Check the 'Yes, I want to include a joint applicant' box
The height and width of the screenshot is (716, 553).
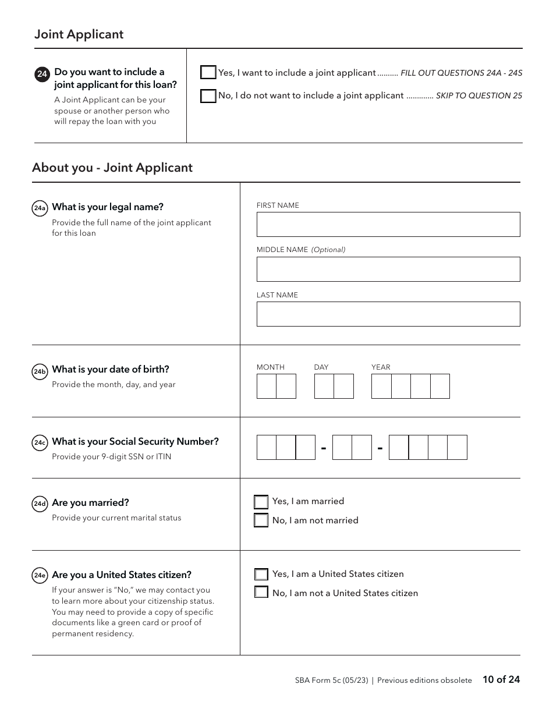pos(208,72)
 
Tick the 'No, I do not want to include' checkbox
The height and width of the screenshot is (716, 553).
pos(208,95)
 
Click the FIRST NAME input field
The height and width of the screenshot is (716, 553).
pos(388,224)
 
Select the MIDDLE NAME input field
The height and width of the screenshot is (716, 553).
pos(388,270)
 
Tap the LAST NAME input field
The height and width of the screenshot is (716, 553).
pos(388,314)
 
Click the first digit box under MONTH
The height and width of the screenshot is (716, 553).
pos(267,387)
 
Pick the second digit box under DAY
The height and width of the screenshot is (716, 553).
pos(343,387)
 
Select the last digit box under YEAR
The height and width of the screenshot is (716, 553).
pos(440,387)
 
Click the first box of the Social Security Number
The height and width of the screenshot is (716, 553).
pos(267,448)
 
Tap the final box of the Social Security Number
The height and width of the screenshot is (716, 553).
pos(457,448)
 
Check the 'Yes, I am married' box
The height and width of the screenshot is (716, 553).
pos(261,502)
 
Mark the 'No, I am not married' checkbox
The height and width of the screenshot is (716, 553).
pos(261,520)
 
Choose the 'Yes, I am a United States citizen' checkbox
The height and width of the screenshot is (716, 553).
pos(261,575)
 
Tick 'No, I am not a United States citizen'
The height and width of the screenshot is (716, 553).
pos(261,593)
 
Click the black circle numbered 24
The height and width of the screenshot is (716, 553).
pos(42,75)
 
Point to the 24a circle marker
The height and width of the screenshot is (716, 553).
pos(40,208)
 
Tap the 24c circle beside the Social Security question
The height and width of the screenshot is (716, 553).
pos(40,442)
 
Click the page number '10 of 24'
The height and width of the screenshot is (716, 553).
pos(501,679)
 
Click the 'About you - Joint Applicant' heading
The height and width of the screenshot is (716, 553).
pos(112,168)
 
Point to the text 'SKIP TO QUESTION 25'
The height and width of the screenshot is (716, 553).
pos(478,95)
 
